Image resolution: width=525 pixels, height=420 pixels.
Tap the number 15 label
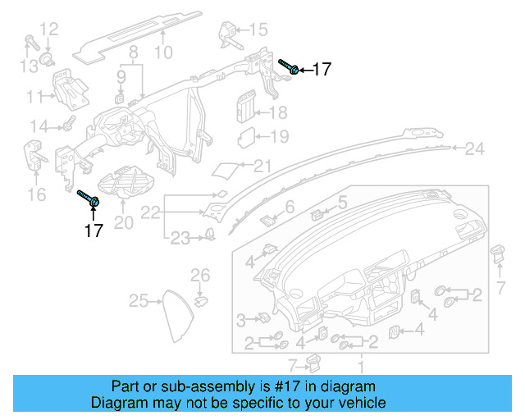pos(258,30)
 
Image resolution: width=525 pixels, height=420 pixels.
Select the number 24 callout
pos(475,148)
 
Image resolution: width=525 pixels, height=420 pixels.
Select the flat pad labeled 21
pos(226,170)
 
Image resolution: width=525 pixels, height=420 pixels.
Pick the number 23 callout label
pos(180,238)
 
